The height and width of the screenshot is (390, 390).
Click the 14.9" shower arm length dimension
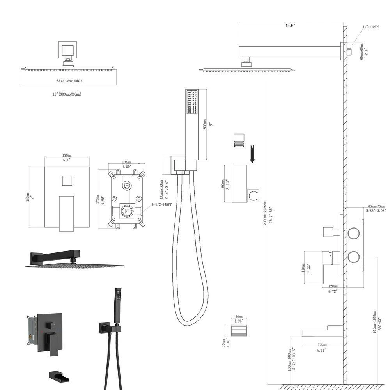(x=289, y=25)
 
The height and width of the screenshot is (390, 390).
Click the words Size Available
(x=69, y=81)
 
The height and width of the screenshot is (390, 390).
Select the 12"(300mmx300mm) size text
(x=63, y=94)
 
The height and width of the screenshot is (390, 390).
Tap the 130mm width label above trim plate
(x=67, y=155)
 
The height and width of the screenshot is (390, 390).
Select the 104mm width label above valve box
(x=126, y=162)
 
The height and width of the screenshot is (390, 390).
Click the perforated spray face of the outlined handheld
(x=192, y=103)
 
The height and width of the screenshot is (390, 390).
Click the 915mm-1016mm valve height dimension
(x=375, y=322)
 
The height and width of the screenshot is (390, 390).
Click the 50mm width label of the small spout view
(x=239, y=317)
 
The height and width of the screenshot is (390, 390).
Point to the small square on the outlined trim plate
(x=67, y=181)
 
